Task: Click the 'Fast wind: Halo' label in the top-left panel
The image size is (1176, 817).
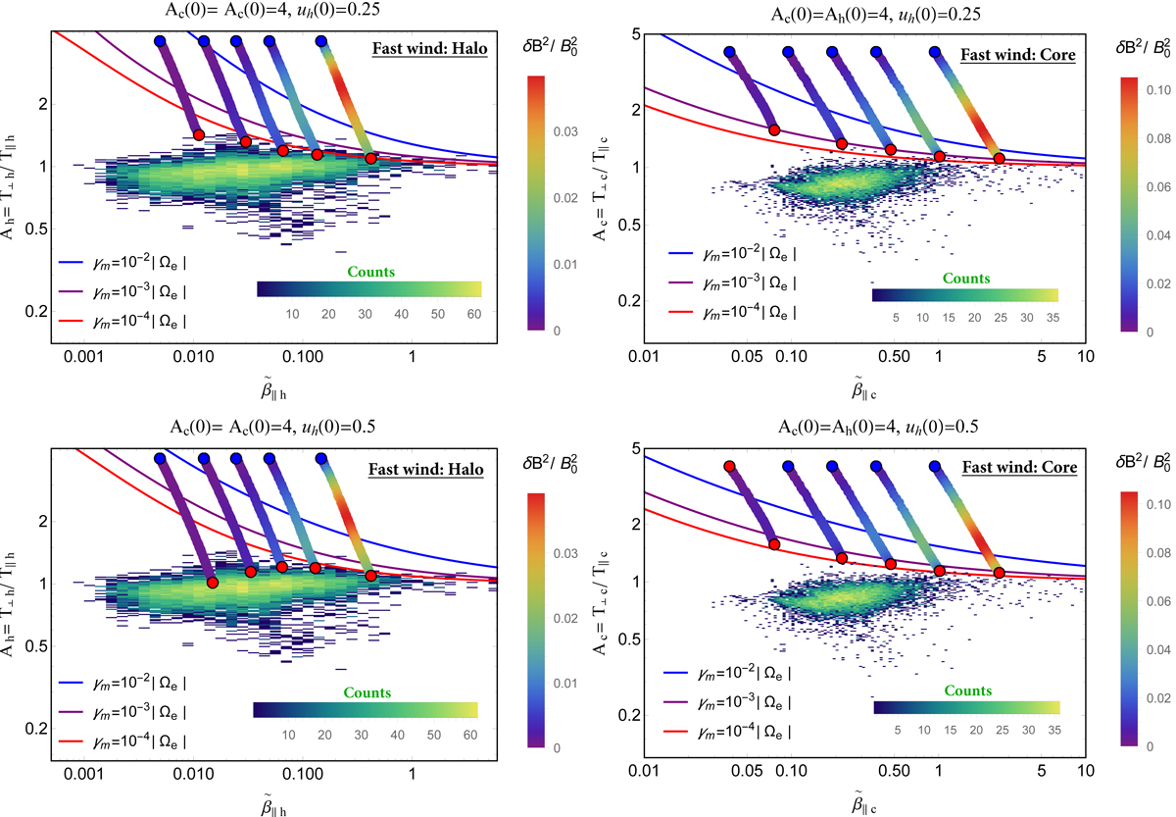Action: tap(430, 52)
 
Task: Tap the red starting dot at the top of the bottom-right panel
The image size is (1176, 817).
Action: tap(729, 466)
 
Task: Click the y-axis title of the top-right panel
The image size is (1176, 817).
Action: tap(600, 181)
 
